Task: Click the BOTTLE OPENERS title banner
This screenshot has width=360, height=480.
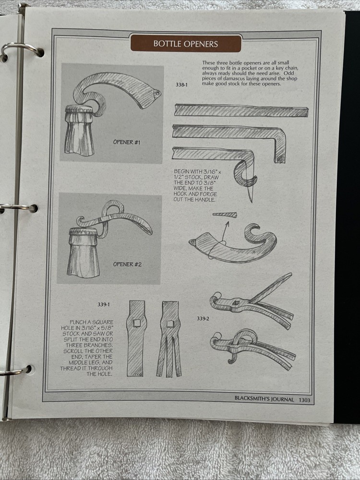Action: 186,44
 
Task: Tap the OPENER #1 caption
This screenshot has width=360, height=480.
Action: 127,142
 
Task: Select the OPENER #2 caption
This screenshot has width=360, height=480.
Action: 127,264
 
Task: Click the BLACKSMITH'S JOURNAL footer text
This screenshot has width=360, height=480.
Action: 264,398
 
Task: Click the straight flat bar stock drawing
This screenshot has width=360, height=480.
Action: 241,111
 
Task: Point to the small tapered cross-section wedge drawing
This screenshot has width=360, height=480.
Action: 225,215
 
